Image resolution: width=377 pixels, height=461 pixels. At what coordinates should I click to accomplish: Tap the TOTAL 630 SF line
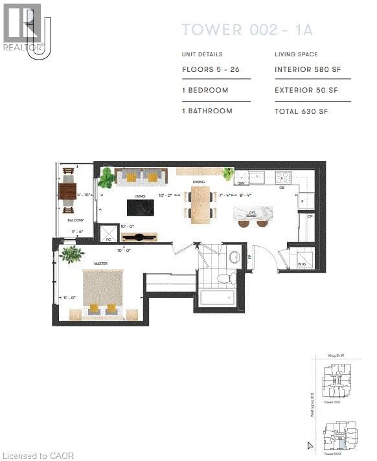[301, 111]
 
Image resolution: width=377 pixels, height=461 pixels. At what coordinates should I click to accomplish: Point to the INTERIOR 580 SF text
[307, 69]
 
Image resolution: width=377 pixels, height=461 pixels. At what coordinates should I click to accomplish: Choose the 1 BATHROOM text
[207, 111]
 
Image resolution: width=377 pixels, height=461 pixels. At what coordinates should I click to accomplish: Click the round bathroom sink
[234, 257]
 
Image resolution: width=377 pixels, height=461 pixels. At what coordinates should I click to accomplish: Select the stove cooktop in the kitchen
[284, 176]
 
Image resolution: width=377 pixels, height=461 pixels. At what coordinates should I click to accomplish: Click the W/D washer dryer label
[301, 264]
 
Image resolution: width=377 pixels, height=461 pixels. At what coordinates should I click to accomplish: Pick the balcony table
[68, 191]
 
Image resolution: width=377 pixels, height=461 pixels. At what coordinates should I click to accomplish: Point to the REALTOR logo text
[23, 47]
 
